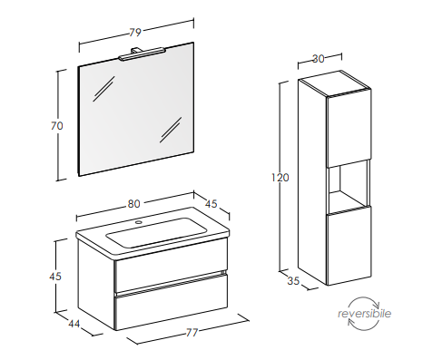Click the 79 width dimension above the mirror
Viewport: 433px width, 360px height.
tap(135, 32)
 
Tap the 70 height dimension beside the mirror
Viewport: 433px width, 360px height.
tap(57, 125)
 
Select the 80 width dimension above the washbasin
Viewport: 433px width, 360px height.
tap(133, 204)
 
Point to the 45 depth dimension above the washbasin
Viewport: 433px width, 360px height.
tap(212, 204)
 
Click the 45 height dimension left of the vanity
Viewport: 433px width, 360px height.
tap(55, 276)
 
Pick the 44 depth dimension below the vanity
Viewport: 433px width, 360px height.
tap(74, 324)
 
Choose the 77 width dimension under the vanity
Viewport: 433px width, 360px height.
tap(192, 333)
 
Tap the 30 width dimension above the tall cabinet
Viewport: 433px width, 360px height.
tap(318, 59)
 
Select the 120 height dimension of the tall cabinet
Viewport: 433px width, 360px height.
tap(280, 178)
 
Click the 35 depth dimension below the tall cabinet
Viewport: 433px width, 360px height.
tap(293, 281)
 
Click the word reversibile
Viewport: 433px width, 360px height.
tap(364, 314)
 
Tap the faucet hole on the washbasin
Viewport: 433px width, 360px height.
tap(139, 223)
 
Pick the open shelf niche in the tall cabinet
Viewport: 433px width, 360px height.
tap(349, 186)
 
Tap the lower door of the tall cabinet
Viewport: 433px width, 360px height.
tap(349, 246)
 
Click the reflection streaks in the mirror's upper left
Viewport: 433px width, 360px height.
tap(103, 88)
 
